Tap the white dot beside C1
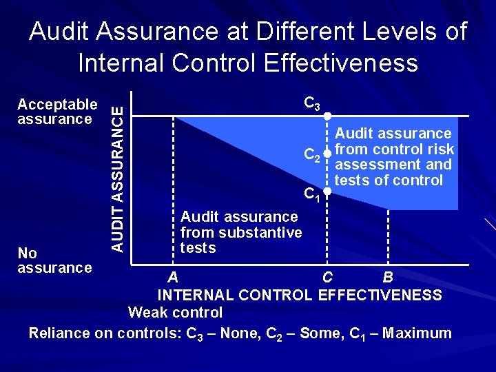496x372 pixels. click(x=329, y=194)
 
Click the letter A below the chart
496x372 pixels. click(x=173, y=278)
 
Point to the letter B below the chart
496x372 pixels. click(x=388, y=278)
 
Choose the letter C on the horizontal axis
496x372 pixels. click(x=329, y=278)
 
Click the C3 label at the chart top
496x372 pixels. click(x=312, y=105)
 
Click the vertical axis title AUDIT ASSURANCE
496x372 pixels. click(x=119, y=173)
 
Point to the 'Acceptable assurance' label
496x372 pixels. click(x=57, y=112)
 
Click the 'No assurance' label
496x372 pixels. click(x=54, y=260)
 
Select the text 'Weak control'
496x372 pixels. click(x=176, y=313)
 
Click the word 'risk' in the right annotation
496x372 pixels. click(x=441, y=149)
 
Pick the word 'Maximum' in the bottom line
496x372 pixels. click(x=417, y=333)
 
